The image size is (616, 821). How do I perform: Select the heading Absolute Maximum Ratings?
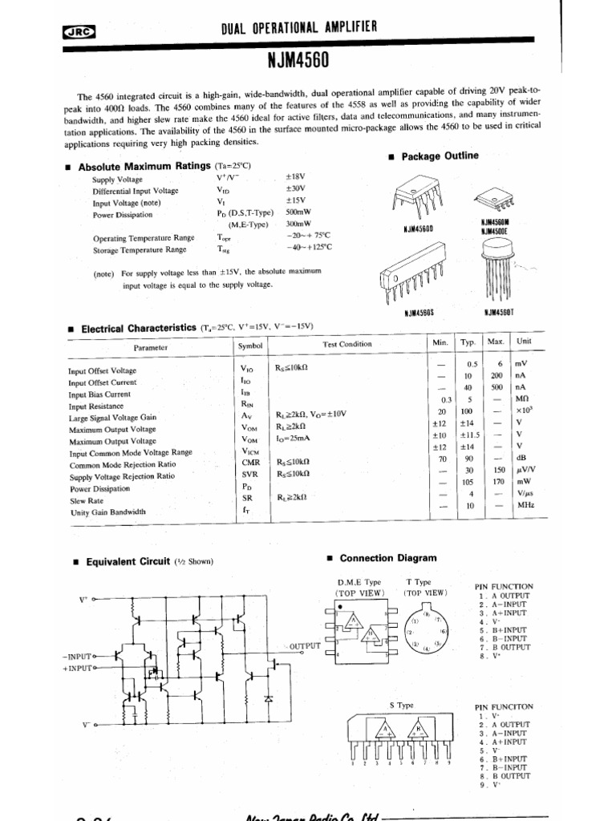[140, 167]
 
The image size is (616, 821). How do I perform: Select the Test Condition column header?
[347, 345]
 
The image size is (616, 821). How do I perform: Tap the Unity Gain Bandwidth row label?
[107, 512]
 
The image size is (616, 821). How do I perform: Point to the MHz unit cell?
[525, 505]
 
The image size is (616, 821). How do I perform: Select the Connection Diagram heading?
[388, 558]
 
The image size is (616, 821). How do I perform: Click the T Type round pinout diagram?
[427, 634]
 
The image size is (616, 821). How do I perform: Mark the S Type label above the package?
[401, 706]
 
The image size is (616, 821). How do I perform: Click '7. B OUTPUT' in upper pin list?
[505, 646]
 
